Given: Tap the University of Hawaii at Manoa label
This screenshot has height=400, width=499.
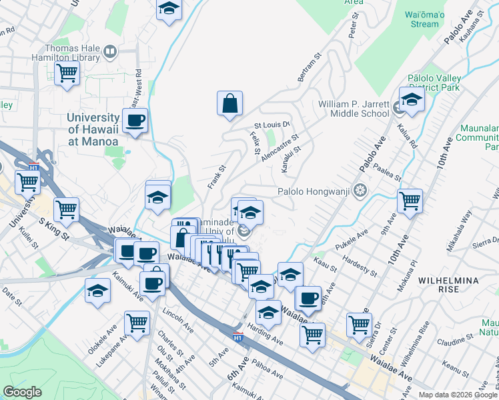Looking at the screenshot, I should tap(93, 129).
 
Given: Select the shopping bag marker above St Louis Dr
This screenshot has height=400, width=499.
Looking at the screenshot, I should tap(229, 104).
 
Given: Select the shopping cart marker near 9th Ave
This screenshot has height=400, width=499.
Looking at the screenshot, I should tap(409, 201).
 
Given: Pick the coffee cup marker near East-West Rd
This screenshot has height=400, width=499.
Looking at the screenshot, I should tap(135, 121).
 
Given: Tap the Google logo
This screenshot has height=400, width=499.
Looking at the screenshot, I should tap(22, 392).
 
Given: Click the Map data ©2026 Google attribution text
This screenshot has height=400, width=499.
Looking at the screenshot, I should tap(456, 395).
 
